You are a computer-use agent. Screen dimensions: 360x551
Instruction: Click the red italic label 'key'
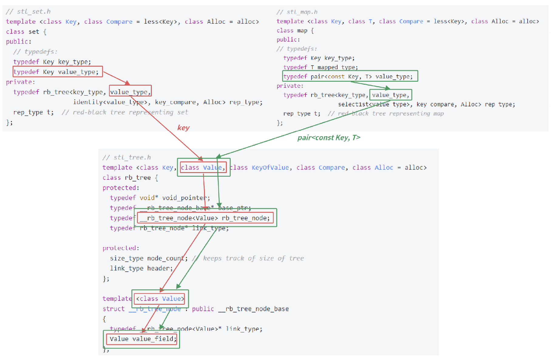[183, 128]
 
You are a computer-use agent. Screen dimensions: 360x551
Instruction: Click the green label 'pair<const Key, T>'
[329, 138]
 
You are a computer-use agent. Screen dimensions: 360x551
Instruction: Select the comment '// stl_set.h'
[28, 12]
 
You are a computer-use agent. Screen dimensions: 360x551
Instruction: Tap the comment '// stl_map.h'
[297, 12]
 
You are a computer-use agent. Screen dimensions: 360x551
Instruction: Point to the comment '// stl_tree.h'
[127, 157]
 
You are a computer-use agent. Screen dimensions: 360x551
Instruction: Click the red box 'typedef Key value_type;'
[58, 72]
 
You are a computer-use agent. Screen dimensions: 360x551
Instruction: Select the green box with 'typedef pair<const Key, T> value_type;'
[350, 76]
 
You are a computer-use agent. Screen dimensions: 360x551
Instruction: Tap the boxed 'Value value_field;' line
[141, 339]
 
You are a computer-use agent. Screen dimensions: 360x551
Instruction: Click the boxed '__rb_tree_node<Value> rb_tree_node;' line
[205, 218]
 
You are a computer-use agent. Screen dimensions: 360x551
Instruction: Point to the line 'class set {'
[26, 32]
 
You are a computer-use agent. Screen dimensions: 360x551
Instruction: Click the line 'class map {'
[295, 30]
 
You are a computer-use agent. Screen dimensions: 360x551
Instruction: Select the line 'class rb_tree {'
[130, 178]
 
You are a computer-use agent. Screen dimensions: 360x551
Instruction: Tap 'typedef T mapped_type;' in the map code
[320, 67]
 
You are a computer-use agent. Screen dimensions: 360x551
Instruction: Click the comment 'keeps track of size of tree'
[253, 258]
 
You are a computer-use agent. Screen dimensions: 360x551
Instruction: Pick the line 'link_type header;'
[141, 268]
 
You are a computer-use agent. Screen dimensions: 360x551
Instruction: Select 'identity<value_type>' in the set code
[111, 102]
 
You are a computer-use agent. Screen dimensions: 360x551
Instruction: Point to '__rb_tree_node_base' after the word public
[253, 309]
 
